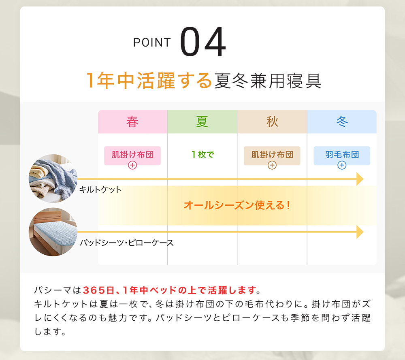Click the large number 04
[x=203, y=41]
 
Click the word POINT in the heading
[x=152, y=43]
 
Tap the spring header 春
[x=132, y=121]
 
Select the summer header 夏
[x=202, y=121]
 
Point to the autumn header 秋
[x=272, y=121]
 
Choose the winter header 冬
[x=342, y=121]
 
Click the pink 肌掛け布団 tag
[x=132, y=156]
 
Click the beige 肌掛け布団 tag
[x=272, y=156]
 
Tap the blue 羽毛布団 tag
[x=342, y=156]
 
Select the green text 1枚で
[x=203, y=154]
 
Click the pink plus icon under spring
[x=132, y=165]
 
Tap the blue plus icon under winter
[x=342, y=165]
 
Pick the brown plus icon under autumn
[x=272, y=165]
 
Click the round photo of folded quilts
[x=53, y=179]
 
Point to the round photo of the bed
[x=53, y=232]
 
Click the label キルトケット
[x=100, y=190]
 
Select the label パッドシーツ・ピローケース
[x=126, y=243]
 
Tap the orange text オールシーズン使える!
[x=237, y=206]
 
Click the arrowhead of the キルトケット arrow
[x=360, y=179]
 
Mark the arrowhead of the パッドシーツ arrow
[x=360, y=232]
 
